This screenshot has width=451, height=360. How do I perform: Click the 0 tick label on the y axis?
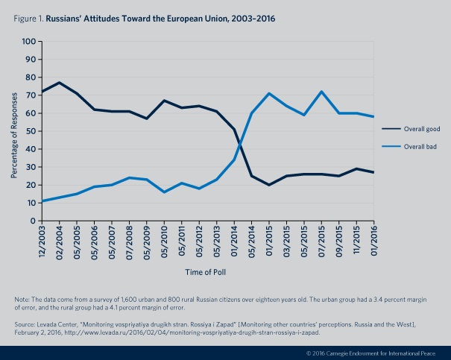tap(34, 221)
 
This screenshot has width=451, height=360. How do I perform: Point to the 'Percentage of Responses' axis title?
tap(14, 131)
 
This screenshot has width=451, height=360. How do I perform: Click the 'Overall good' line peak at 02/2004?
tap(59, 83)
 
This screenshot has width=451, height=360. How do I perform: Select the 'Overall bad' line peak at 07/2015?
tap(321, 92)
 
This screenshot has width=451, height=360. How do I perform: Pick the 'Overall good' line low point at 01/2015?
tap(268, 185)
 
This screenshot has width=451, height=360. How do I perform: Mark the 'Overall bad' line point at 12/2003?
tap(42, 201)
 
